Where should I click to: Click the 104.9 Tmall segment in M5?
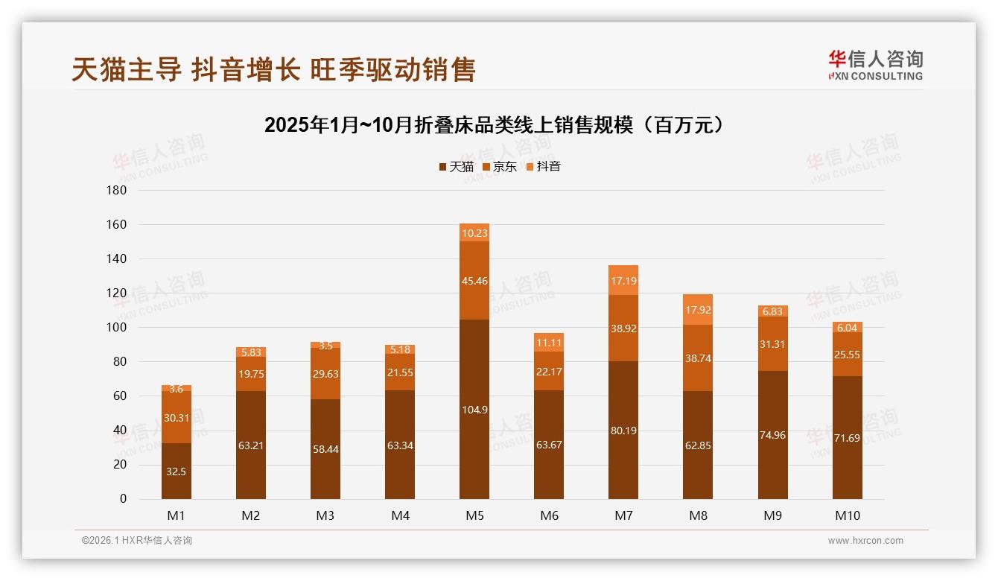pyautogui.click(x=474, y=409)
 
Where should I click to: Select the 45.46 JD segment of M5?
pyautogui.click(x=474, y=281)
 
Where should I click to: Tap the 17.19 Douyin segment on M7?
pyautogui.click(x=623, y=280)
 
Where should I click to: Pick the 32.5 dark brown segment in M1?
pyautogui.click(x=177, y=472)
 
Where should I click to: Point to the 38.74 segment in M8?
pyautogui.click(x=698, y=358)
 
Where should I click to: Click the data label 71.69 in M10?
pyautogui.click(x=847, y=438)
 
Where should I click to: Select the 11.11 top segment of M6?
pyautogui.click(x=549, y=343)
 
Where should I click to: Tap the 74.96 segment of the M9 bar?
pyautogui.click(x=772, y=435)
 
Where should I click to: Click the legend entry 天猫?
pyautogui.click(x=457, y=166)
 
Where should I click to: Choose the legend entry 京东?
pyautogui.click(x=500, y=166)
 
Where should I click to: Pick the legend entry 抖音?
pyautogui.click(x=543, y=166)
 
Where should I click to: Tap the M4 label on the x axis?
pyautogui.click(x=400, y=515)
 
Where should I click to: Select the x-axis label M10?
pyautogui.click(x=847, y=515)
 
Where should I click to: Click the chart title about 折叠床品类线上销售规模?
pyautogui.click(x=494, y=124)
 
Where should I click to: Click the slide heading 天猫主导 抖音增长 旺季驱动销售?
pyautogui.click(x=273, y=70)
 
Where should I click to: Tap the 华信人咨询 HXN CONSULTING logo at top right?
pyautogui.click(x=875, y=65)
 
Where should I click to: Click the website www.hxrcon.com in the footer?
pyautogui.click(x=865, y=541)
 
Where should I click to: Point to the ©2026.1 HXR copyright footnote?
pyautogui.click(x=136, y=541)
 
